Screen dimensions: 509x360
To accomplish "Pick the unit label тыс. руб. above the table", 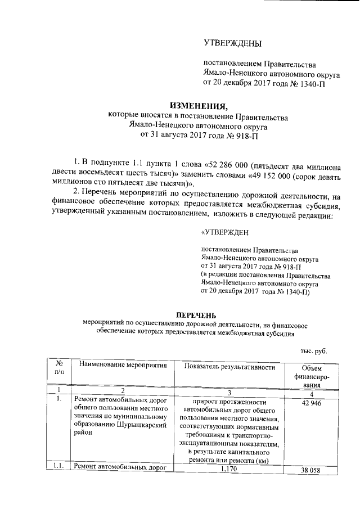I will click(x=312, y=351).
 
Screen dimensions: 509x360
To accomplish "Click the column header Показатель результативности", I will click(x=229, y=367).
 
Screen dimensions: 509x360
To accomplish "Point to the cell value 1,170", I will click(x=229, y=469).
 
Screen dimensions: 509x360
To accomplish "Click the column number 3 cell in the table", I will click(x=229, y=391).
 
